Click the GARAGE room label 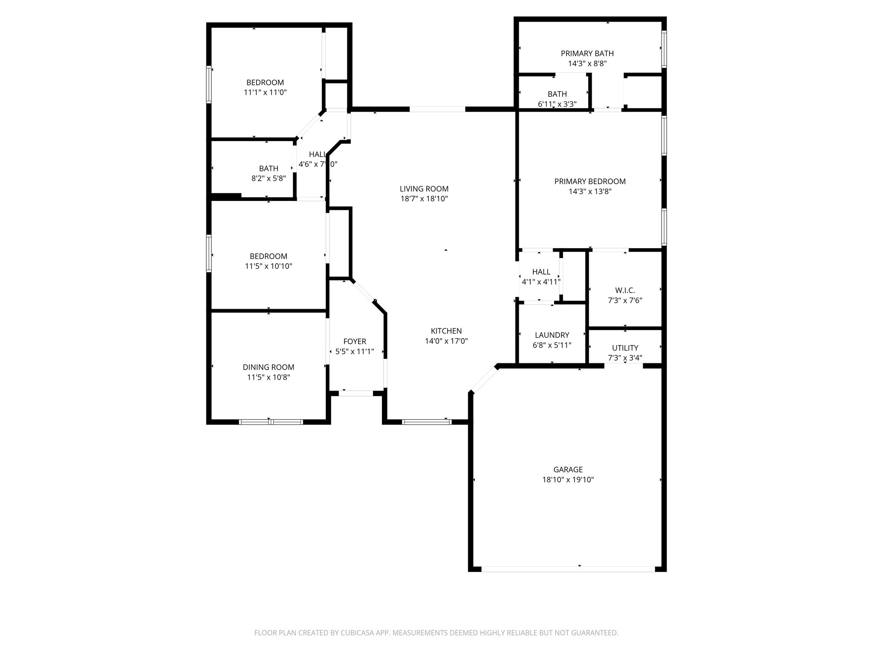tap(568, 470)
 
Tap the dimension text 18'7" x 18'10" tap(424, 199)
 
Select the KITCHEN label tap(446, 331)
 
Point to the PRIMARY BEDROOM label tap(590, 181)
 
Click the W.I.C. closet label tap(625, 290)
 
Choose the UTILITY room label tap(625, 348)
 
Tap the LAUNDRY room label tap(552, 335)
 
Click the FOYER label tap(355, 342)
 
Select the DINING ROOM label tap(269, 367)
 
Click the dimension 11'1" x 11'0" tap(265, 92)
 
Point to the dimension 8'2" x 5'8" tap(269, 178)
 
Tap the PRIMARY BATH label tap(587, 53)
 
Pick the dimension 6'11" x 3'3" tap(557, 104)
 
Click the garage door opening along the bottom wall tap(568, 569)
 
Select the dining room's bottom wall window tap(271, 422)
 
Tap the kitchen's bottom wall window tap(426, 422)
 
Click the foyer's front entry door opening tap(356, 393)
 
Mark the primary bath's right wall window tap(664, 49)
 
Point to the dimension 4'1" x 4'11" tap(541, 281)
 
